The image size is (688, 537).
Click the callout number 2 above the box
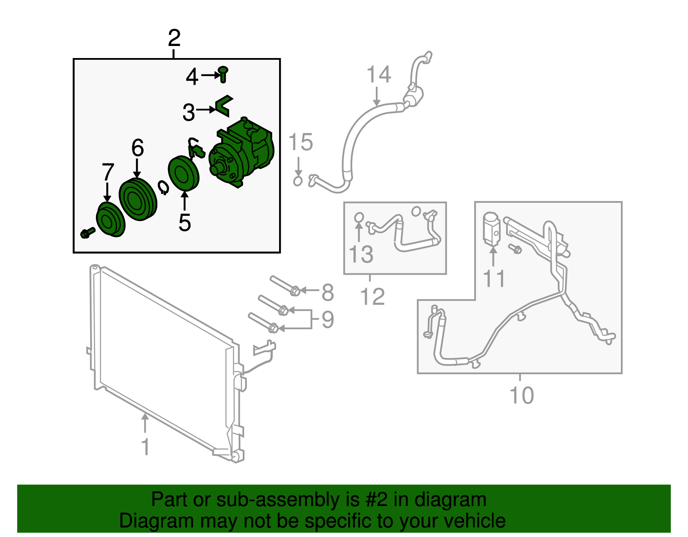174,39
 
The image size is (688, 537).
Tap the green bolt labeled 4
223,74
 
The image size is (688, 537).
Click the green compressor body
243,153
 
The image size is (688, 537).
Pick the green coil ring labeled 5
184,173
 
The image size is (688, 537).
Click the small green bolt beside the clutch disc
87,233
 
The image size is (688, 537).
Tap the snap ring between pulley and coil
163,187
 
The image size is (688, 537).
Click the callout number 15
301,142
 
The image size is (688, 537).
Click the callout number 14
379,74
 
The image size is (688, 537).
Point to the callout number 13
361,254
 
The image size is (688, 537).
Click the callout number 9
328,319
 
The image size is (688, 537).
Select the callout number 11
494,279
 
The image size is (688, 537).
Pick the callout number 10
521,395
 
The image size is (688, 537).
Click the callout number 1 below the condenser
146,447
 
